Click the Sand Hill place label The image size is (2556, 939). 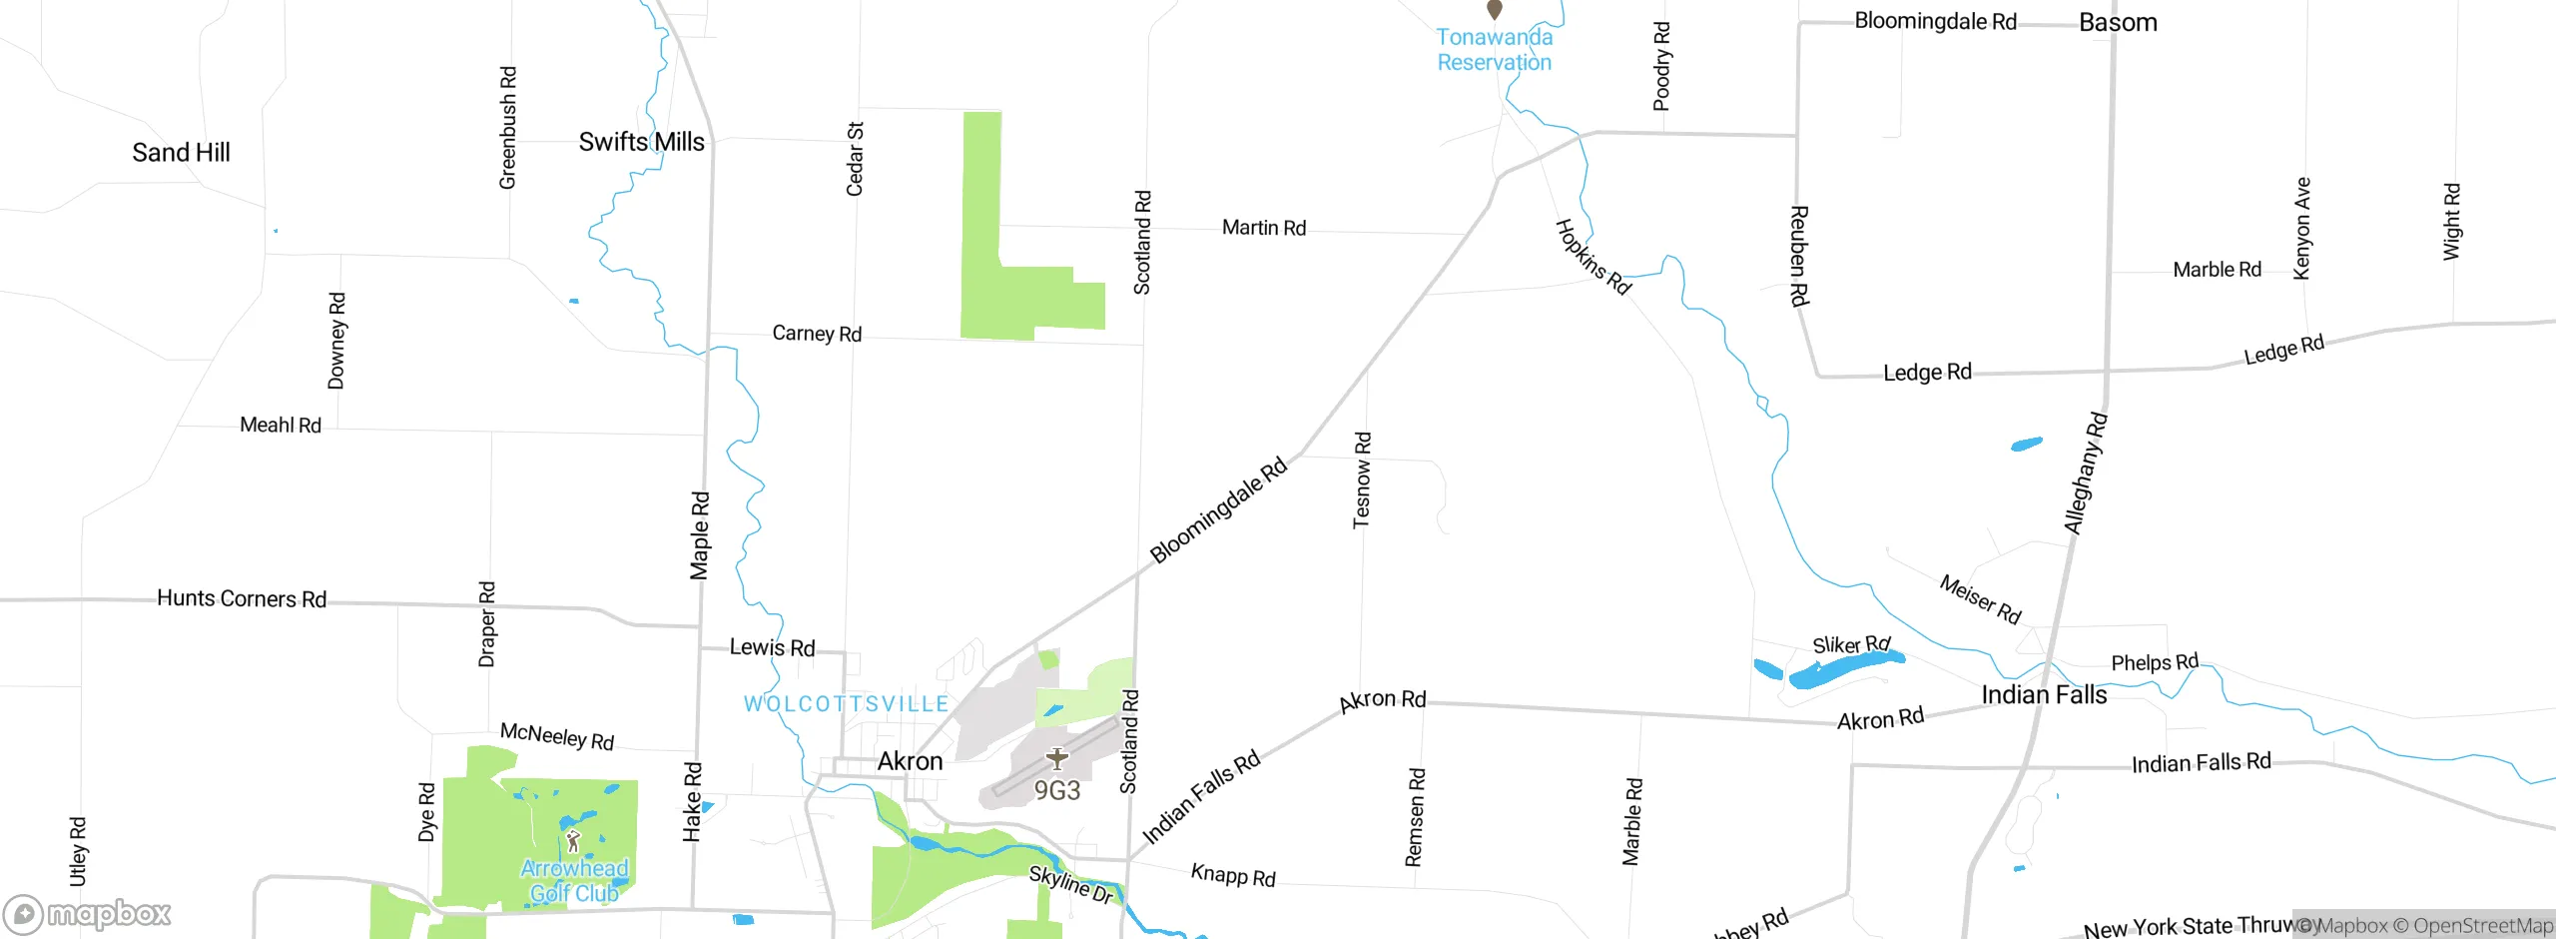181,153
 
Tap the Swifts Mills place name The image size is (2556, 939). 641,142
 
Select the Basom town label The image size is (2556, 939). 2118,23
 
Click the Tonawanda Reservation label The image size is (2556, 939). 1494,50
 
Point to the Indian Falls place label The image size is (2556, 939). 2044,695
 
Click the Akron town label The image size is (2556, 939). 910,761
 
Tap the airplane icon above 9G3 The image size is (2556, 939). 1056,759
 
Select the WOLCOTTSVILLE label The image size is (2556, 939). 847,704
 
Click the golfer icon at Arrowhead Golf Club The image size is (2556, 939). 572,841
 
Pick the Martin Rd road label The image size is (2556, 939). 1264,228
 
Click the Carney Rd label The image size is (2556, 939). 817,334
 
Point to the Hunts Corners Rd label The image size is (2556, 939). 242,598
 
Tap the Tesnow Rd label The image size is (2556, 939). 1362,479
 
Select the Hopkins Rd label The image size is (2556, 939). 1594,257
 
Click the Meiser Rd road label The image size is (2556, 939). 1980,599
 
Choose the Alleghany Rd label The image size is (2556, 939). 2086,473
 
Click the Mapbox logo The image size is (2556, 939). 88,913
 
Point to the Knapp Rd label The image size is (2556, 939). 1233,875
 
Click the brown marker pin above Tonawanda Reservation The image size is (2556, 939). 1495,10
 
